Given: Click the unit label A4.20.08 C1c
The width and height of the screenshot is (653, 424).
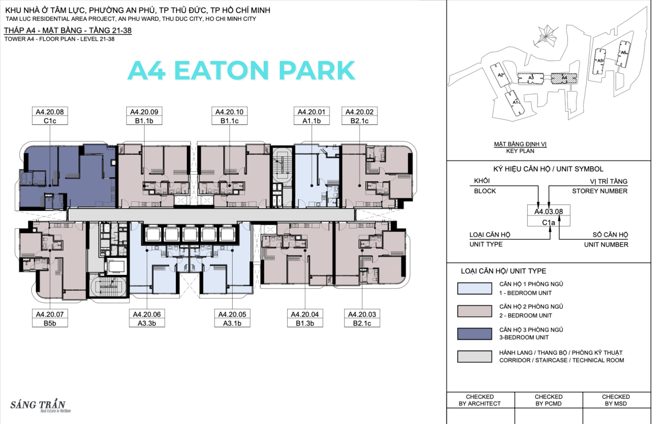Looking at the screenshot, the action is [50, 115].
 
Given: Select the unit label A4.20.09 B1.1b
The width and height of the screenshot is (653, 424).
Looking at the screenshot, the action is [144, 115].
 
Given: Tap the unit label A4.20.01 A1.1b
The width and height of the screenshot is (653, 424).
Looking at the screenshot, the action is [312, 115].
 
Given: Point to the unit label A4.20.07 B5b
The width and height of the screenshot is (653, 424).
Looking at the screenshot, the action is [50, 318].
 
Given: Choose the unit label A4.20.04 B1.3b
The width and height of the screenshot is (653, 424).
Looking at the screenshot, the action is [305, 318].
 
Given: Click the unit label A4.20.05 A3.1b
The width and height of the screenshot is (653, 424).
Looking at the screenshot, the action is [232, 318].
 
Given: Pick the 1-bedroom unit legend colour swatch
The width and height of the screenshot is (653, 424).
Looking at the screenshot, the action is [475, 288].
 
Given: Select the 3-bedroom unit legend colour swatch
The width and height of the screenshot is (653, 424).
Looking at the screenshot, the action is [475, 334].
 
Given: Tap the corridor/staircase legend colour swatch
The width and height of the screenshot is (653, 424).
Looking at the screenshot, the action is [475, 356].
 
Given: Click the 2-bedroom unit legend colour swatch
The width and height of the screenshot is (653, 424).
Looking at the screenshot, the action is [475, 311].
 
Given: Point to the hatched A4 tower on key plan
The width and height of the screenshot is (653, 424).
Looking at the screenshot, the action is [564, 78].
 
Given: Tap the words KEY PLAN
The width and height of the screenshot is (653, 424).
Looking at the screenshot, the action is [520, 151].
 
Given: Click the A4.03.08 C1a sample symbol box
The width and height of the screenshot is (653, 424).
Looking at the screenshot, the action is [549, 215].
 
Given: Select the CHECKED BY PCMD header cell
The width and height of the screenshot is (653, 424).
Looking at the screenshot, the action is [549, 400].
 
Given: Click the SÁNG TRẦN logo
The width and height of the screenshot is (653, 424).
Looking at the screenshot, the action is [39, 405].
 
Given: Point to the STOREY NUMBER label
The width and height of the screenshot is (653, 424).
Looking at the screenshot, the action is [600, 191].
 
